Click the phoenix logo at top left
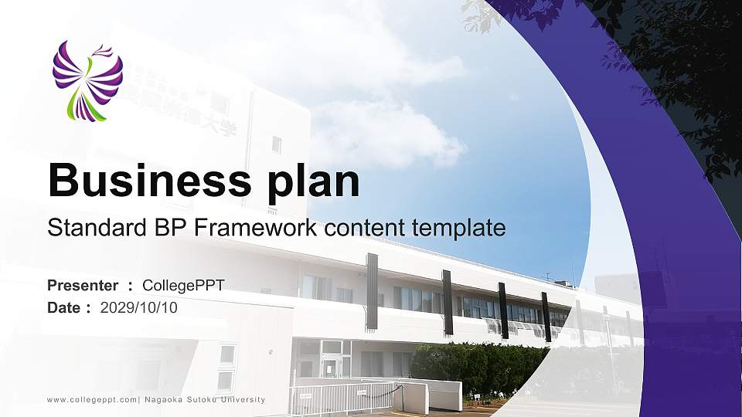click(x=87, y=82)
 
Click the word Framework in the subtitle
click(x=254, y=228)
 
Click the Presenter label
click(x=83, y=286)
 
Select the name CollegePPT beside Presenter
click(x=184, y=286)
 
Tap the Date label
click(x=64, y=308)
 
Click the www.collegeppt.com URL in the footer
click(x=92, y=399)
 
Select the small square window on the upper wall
click(x=276, y=144)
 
